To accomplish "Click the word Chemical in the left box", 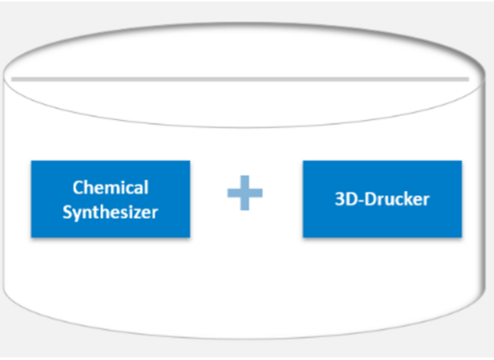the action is click(111, 188).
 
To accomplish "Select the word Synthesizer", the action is click(111, 213).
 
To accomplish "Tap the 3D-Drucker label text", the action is click(383, 199).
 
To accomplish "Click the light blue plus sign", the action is click(244, 193).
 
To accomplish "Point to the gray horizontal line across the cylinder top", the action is click(240, 80).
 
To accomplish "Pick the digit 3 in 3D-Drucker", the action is click(340, 199).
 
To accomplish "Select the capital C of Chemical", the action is click(77, 188).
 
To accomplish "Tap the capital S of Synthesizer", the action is click(68, 213).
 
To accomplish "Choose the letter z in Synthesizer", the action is click(140, 214).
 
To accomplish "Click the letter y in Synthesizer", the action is click(77, 215).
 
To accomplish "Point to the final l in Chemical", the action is click(147, 188).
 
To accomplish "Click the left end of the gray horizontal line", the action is click(12, 80).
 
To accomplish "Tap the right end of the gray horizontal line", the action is click(469, 80).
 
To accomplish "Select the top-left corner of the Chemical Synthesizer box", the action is click(31, 161).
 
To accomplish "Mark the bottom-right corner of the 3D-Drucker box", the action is click(462, 237).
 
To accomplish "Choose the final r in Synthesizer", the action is click(154, 214).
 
